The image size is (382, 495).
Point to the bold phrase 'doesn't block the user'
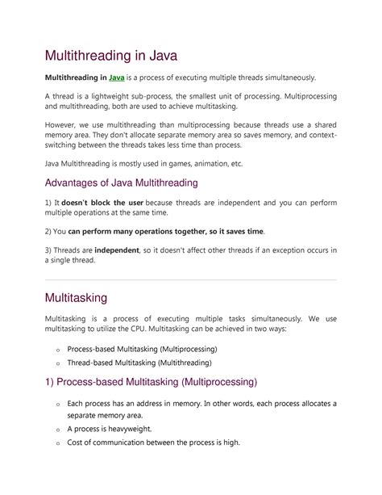click(101, 204)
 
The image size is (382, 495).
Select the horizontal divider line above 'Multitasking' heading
click(190, 279)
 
